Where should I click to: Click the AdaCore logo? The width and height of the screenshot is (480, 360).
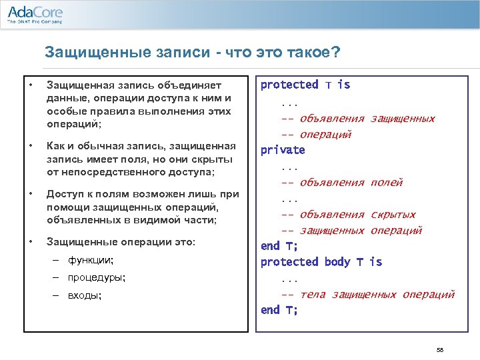pos(35,13)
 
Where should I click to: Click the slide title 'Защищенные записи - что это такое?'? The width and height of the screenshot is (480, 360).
pos(192,52)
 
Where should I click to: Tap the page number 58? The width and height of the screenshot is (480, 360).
pos(439,349)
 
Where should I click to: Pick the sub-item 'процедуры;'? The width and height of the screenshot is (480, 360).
pos(97,277)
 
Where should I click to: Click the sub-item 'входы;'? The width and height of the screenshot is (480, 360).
pos(85,295)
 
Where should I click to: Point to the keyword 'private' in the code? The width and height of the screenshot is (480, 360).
pos(282,150)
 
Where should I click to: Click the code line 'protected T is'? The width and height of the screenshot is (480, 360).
pos(305,85)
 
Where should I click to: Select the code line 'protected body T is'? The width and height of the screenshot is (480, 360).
pos(321,262)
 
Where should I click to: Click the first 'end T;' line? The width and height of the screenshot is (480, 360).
pos(279,246)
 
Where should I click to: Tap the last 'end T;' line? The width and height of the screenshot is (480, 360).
pos(279,310)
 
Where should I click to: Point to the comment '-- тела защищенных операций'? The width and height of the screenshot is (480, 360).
pos(367,294)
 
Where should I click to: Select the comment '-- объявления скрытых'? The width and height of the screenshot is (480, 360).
pos(348,214)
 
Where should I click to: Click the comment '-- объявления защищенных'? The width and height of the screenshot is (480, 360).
pos(357,118)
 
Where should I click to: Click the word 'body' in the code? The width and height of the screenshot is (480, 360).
pos(337,262)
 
